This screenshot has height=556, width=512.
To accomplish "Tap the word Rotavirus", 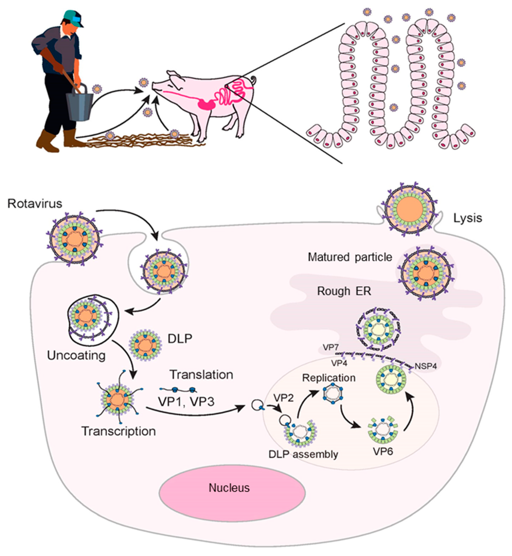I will (35, 203).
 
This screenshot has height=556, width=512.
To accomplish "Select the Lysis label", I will (468, 218).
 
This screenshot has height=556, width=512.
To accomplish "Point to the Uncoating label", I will (76, 355).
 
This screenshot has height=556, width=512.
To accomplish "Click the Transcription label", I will (119, 431).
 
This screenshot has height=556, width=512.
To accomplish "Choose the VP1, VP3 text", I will (186, 401).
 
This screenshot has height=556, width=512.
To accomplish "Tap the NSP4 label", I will (426, 366).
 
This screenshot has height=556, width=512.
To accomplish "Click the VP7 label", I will (330, 347).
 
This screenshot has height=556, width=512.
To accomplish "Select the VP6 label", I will (383, 451).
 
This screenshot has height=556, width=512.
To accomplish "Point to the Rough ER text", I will (344, 291).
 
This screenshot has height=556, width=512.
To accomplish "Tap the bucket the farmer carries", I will (80, 104).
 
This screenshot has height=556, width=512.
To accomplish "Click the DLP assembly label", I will (303, 454).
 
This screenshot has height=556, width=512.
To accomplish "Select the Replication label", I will (329, 378).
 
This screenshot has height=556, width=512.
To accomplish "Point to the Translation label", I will (201, 375).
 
